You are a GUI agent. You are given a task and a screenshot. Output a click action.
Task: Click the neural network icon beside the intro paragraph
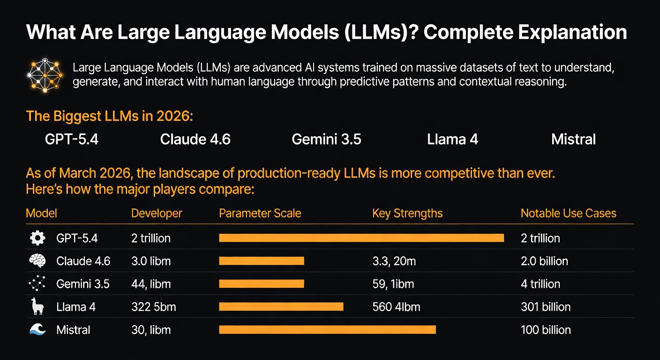pos(45,75)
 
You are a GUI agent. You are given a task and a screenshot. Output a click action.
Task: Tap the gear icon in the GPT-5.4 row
pos(37,238)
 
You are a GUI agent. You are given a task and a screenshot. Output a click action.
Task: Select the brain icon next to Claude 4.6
pos(37,261)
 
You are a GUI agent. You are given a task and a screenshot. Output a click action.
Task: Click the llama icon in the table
pos(37,307)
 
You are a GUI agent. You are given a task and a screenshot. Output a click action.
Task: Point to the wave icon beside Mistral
pos(37,330)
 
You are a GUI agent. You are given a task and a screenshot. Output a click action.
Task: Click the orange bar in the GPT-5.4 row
pos(361,238)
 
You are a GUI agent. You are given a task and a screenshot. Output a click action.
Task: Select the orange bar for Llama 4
pos(281,307)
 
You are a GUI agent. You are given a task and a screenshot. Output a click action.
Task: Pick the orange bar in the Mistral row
pos(327,330)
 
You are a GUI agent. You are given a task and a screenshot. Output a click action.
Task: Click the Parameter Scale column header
pos(260,214)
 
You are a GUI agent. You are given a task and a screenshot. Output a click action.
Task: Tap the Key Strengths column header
pos(407,214)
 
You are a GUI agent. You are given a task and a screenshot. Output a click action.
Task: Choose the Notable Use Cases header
pos(568,214)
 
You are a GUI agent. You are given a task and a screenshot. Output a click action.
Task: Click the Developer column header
pos(157,214)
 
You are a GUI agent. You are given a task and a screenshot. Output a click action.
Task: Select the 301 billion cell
pos(546,307)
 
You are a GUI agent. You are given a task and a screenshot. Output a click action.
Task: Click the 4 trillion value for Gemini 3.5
pos(540,284)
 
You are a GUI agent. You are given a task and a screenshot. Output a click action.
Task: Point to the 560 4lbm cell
pos(396,307)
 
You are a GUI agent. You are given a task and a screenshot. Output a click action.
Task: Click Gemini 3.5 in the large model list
pos(326,140)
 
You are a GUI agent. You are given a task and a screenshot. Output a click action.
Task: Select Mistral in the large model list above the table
pos(573,140)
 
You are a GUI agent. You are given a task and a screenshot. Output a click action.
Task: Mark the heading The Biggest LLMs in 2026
pos(110,116)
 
